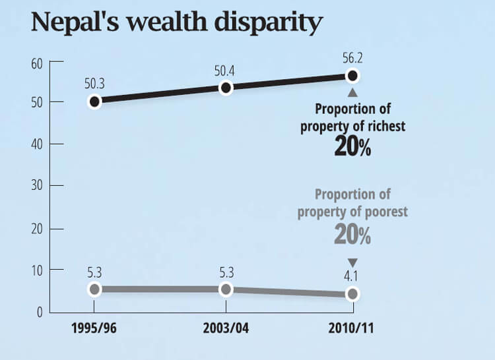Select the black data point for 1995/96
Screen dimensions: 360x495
tap(94, 102)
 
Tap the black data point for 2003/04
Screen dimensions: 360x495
tap(226, 88)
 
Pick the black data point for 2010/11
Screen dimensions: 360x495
tap(352, 75)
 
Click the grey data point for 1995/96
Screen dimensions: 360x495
tap(94, 289)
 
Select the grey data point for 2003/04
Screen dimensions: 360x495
tap(226, 289)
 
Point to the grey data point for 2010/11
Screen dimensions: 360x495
tap(352, 293)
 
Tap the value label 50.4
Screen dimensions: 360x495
tap(226, 70)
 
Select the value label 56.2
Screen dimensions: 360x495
tap(352, 58)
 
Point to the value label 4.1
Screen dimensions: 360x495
tap(352, 276)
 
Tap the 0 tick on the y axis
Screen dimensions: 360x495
tap(40, 312)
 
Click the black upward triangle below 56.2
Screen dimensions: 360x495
tap(352, 93)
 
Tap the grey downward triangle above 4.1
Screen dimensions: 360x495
tap(352, 261)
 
